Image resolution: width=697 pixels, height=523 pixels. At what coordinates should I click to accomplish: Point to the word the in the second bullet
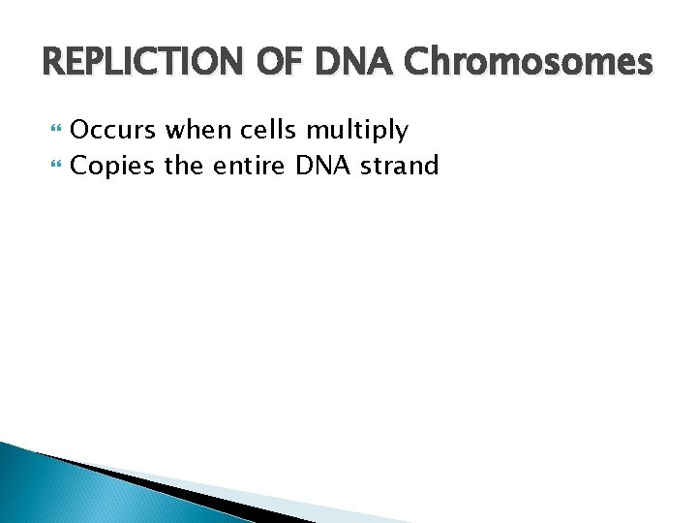tap(184, 166)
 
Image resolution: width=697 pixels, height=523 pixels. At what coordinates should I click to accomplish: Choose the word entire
tap(250, 166)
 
